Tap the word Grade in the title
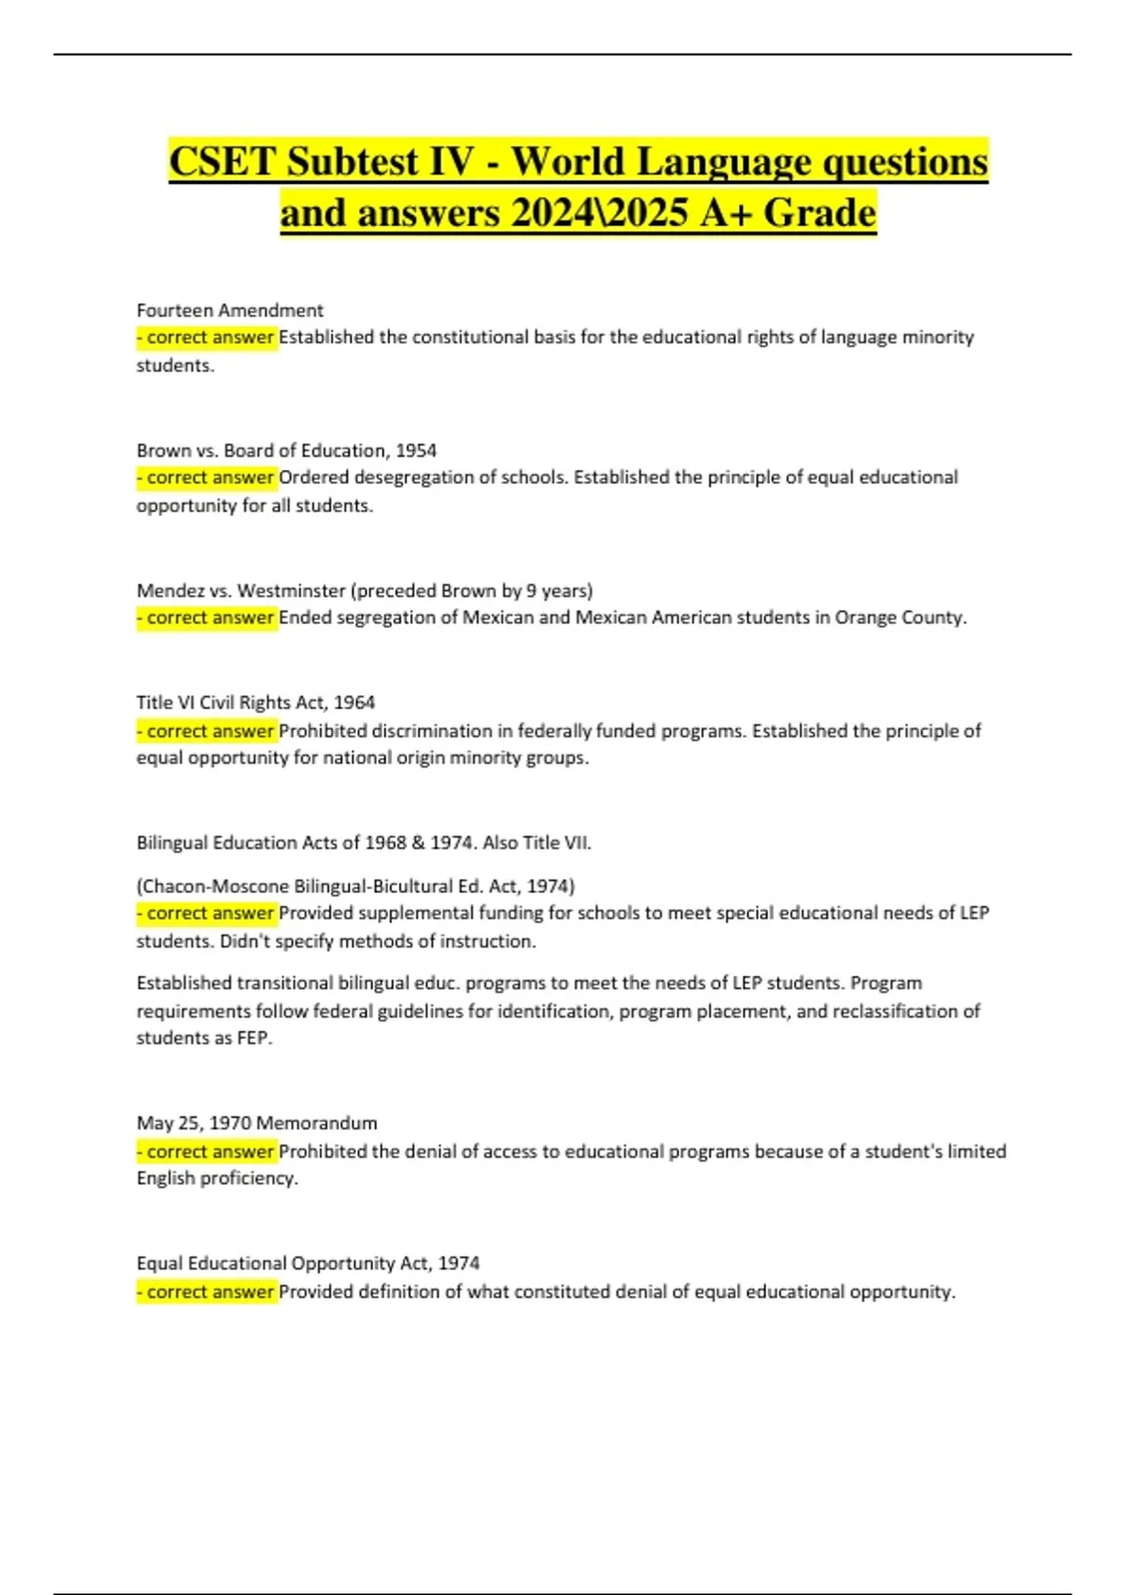(819, 213)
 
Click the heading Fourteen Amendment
(230, 311)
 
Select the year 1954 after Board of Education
(416, 450)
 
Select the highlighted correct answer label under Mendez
(207, 617)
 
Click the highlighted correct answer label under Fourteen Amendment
(207, 337)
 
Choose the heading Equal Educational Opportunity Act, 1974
(308, 1264)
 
